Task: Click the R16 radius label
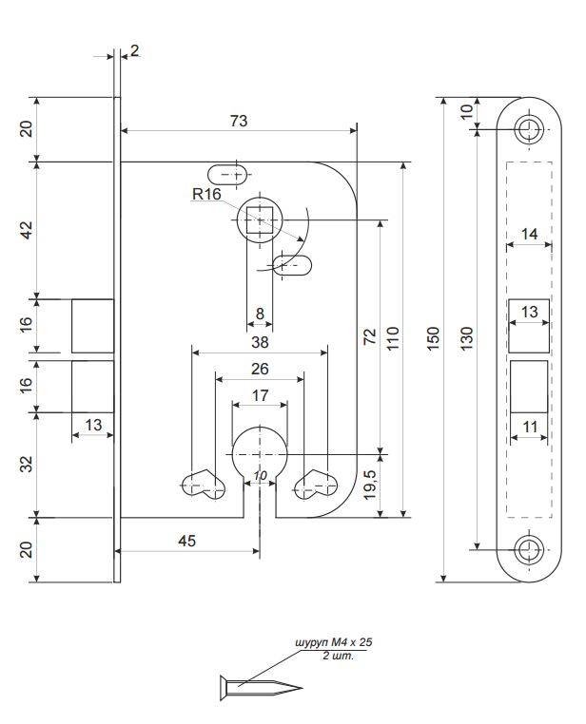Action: [x=206, y=194]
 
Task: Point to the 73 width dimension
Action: [x=239, y=121]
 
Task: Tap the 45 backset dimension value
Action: [x=187, y=541]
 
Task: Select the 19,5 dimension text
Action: [x=370, y=485]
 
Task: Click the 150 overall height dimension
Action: [x=433, y=338]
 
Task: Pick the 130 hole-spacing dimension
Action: [x=467, y=338]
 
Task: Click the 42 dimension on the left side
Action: [x=28, y=230]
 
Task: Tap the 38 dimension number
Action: [x=260, y=342]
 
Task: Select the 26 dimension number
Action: [x=260, y=369]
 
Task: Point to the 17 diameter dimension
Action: [x=260, y=395]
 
